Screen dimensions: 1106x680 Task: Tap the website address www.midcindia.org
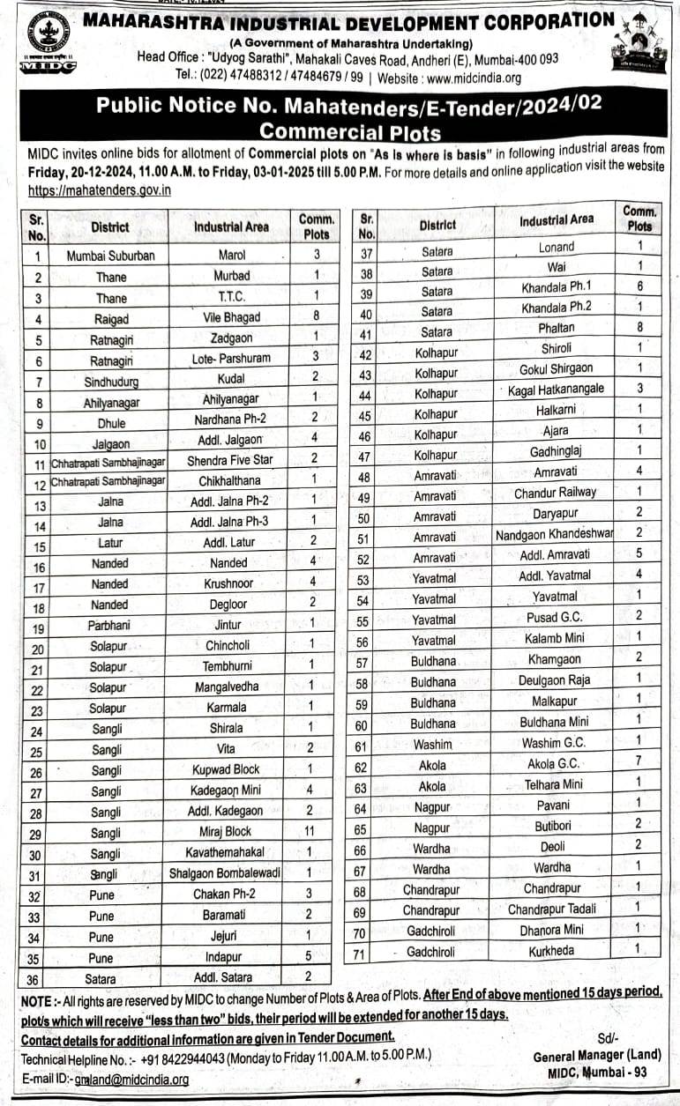(x=473, y=78)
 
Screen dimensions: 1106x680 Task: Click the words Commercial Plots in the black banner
(x=350, y=132)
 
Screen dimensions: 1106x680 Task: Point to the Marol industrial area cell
(x=231, y=256)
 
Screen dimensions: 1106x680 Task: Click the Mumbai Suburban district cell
(x=110, y=256)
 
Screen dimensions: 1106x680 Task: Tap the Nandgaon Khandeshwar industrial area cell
(x=555, y=534)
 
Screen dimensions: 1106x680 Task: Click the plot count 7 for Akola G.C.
(x=639, y=761)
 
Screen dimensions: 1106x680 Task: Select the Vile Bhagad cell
(x=231, y=319)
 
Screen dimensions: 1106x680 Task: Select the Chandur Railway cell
(x=555, y=493)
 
